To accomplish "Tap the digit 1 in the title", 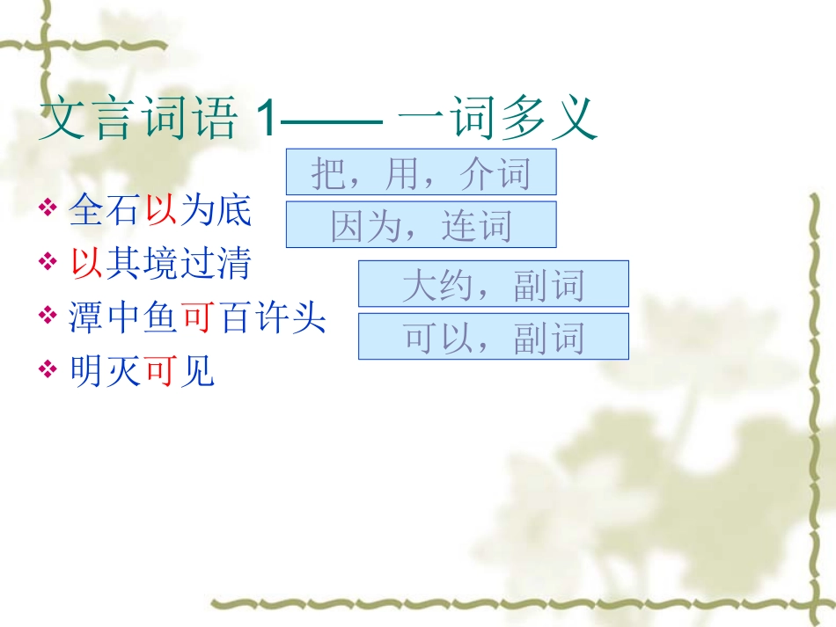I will click(x=266, y=120).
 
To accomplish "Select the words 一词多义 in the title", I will click(x=497, y=120).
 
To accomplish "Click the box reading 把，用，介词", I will click(x=421, y=172).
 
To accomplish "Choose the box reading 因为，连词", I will click(x=421, y=225).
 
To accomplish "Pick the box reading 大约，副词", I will click(x=493, y=284).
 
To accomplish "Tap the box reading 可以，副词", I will click(x=493, y=337).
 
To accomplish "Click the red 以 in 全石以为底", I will click(x=160, y=211).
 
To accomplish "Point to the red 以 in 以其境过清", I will click(x=86, y=263).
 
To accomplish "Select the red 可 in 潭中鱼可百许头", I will click(x=197, y=317).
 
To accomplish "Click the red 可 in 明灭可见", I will click(x=160, y=373).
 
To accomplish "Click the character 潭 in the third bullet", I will click(x=86, y=317).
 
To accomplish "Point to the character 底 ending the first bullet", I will click(x=234, y=211).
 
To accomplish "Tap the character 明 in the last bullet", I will click(x=86, y=373).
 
